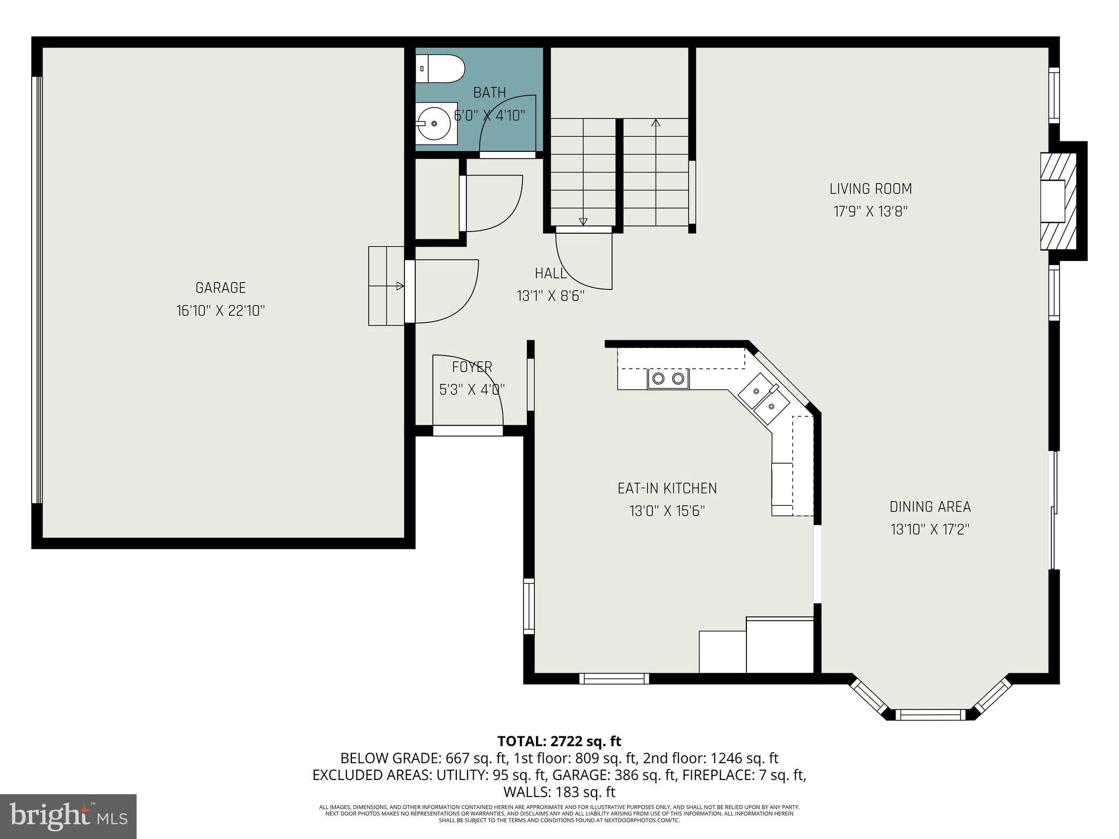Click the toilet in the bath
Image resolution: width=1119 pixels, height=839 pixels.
pyautogui.click(x=440, y=69)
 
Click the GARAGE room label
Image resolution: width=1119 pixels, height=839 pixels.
pyautogui.click(x=220, y=288)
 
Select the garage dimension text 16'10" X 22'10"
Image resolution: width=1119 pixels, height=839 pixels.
pyautogui.click(x=220, y=311)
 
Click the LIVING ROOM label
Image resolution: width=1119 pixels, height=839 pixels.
pyautogui.click(x=870, y=189)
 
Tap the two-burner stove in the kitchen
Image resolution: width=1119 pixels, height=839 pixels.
pyautogui.click(x=668, y=379)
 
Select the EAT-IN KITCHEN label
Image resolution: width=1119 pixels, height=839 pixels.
pyautogui.click(x=667, y=488)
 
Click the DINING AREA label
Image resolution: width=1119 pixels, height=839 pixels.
pyautogui.click(x=930, y=507)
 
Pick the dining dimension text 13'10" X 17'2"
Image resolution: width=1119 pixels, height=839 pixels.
pyautogui.click(x=930, y=529)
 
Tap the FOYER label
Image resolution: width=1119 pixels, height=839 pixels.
pyautogui.click(x=472, y=367)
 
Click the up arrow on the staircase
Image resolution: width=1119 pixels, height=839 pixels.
pyautogui.click(x=656, y=123)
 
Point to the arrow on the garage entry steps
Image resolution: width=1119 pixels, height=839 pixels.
pyautogui.click(x=400, y=286)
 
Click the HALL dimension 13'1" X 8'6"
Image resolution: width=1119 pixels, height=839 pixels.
pyautogui.click(x=550, y=296)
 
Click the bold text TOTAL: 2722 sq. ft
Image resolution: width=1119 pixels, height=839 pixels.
pyautogui.click(x=559, y=741)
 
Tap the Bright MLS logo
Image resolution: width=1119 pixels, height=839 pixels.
pyautogui.click(x=68, y=816)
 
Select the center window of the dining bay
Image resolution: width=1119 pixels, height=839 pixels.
pyautogui.click(x=930, y=714)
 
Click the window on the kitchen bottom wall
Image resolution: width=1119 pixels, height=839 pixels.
pyautogui.click(x=614, y=679)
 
